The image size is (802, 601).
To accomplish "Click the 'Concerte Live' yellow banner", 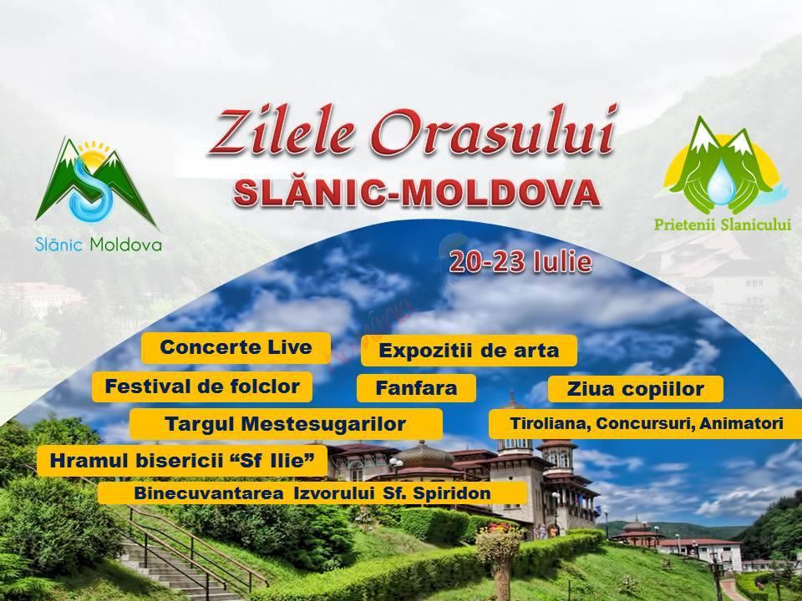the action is [x=236, y=348].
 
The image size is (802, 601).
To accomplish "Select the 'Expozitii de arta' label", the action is [x=469, y=351].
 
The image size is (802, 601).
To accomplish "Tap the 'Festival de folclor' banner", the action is [x=202, y=386].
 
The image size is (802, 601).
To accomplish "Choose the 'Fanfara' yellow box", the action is [x=416, y=388].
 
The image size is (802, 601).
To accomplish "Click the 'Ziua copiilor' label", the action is [x=635, y=390].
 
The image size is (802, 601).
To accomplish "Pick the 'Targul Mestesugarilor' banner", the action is [x=286, y=424].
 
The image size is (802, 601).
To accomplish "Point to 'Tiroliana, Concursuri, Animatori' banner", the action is [x=647, y=424].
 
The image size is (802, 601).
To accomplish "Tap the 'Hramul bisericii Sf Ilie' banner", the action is [x=181, y=461].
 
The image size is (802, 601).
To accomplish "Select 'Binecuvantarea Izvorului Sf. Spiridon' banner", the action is [x=312, y=493].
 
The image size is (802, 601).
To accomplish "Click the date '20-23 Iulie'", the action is [x=520, y=262].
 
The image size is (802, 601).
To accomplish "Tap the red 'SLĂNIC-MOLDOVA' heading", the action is [x=416, y=193].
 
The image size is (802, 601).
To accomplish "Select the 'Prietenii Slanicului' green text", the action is [x=722, y=225].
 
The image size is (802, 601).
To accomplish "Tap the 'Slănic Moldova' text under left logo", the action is [x=99, y=245].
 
